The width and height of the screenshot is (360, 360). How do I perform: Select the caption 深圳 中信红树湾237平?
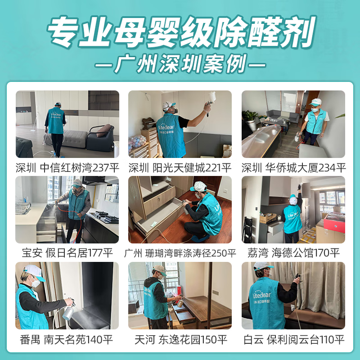coord(67,168)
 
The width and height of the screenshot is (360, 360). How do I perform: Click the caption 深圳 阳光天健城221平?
coord(180,168)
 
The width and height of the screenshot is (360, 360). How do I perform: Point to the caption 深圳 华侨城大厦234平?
coord(293,168)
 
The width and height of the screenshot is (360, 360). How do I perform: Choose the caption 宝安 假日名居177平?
coord(67,253)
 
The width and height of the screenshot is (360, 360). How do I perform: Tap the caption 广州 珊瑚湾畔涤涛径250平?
coord(180,253)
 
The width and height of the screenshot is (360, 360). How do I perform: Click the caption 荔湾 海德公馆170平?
coord(293,253)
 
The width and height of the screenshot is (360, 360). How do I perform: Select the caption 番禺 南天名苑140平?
coord(67,339)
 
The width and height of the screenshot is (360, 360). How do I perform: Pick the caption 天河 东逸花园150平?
coord(180,339)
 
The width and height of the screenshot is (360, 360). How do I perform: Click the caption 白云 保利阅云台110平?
coord(293,339)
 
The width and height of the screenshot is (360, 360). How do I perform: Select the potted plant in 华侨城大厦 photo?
coord(250,118)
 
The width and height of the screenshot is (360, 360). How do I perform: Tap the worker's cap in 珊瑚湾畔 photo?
coord(198,186)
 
